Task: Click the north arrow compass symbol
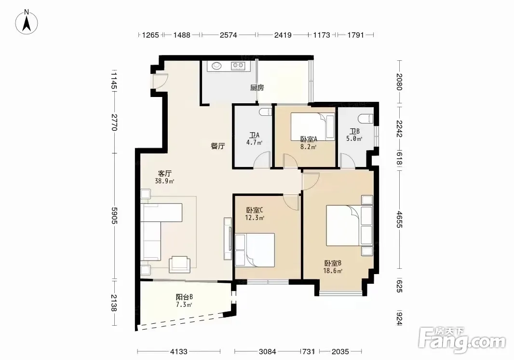(27, 22)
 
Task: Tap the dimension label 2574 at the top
(228, 35)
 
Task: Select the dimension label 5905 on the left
(114, 216)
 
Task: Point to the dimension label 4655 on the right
(399, 219)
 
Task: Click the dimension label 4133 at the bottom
(179, 352)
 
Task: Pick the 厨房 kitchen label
(257, 88)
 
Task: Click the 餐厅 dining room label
(217, 146)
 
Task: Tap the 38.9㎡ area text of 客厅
(164, 181)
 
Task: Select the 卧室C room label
(255, 210)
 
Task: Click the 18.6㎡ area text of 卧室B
(333, 271)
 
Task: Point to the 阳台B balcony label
(184, 297)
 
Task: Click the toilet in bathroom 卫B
(366, 118)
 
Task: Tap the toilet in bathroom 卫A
(265, 111)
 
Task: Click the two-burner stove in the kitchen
(238, 66)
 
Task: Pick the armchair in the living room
(179, 264)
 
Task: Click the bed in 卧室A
(313, 126)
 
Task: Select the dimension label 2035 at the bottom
(340, 352)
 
